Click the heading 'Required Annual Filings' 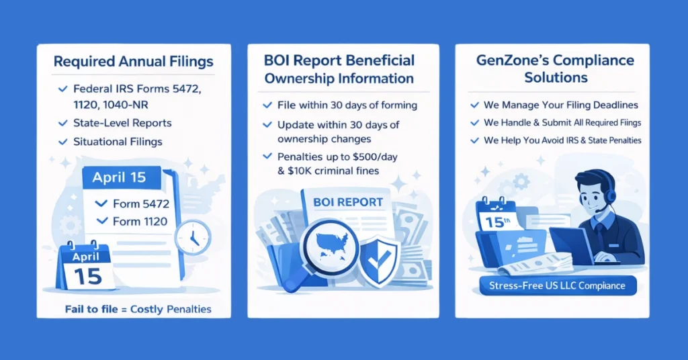134,61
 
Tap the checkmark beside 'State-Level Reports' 62,123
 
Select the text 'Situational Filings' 118,142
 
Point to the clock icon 193,237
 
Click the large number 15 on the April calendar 88,276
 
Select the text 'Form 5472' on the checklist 141,204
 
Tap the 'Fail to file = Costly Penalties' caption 138,309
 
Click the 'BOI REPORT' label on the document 348,202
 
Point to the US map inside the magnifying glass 332,246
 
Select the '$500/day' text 375,157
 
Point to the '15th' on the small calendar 497,222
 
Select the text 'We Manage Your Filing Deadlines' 561,105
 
